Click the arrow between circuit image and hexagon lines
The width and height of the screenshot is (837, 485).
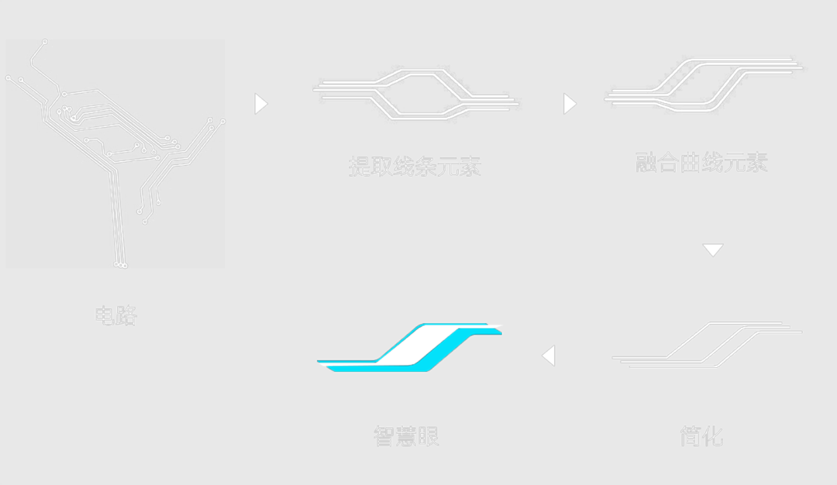pos(260,104)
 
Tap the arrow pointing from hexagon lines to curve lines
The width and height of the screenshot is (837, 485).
pos(570,104)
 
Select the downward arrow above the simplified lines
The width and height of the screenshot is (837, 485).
pos(712,250)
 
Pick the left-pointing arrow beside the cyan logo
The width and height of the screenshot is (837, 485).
pos(549,356)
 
